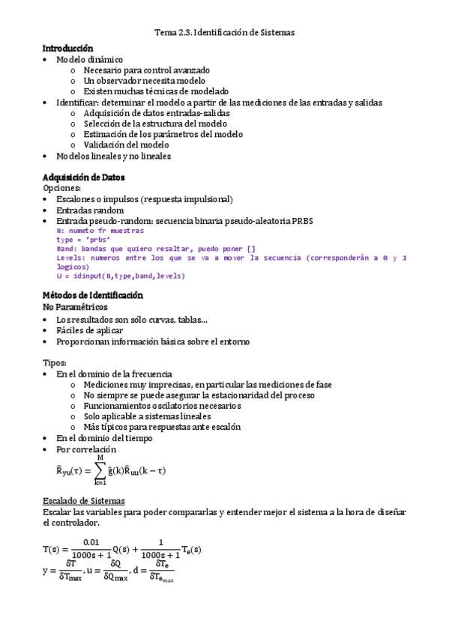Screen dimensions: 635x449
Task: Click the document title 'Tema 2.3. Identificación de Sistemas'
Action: pyautogui.click(x=225, y=33)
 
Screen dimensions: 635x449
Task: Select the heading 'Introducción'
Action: pyautogui.click(x=67, y=48)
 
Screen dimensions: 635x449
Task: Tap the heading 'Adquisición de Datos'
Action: pyautogui.click(x=84, y=177)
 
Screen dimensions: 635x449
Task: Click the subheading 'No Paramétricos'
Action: pyautogui.click(x=75, y=308)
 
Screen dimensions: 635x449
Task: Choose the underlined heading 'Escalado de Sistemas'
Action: pyautogui.click(x=84, y=500)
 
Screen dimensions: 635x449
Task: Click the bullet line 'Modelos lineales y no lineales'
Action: pyautogui.click(x=113, y=156)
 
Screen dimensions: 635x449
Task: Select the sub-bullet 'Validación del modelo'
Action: pyautogui.click(x=126, y=145)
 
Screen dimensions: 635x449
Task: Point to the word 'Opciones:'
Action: pyautogui.click(x=61, y=188)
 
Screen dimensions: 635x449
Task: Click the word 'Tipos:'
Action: pyautogui.click(x=55, y=362)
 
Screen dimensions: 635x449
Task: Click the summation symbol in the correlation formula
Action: pyautogui.click(x=100, y=470)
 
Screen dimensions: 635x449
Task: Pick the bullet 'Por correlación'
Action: pyautogui.click(x=86, y=449)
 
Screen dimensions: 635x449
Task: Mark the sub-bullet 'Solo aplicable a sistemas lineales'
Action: pyautogui.click(x=147, y=416)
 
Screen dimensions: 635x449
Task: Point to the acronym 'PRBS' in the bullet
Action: pyautogui.click(x=301, y=221)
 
